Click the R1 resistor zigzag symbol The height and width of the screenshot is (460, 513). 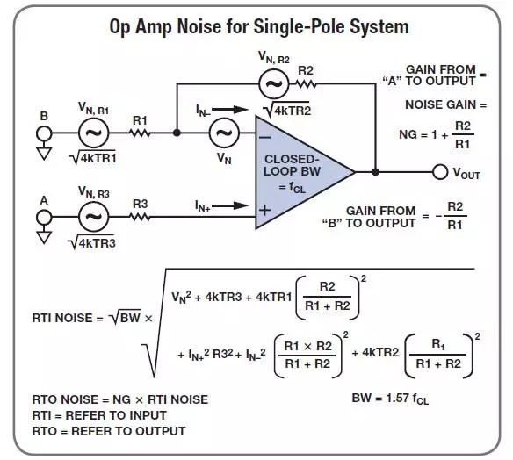click(x=141, y=133)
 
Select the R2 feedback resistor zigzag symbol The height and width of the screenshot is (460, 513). click(x=307, y=84)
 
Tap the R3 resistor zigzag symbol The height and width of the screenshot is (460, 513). click(x=140, y=217)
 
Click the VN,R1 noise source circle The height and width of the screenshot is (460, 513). click(x=94, y=133)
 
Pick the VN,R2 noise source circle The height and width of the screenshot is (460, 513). click(x=274, y=84)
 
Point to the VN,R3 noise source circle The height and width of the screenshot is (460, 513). click(x=94, y=217)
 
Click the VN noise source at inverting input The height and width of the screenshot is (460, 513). click(x=224, y=133)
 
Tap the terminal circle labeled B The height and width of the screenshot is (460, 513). click(x=44, y=133)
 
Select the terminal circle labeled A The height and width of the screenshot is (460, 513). click(x=44, y=217)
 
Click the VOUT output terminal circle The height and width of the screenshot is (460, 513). click(x=440, y=172)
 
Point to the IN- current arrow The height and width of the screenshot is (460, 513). click(x=230, y=110)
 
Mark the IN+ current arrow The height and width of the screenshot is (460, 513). click(x=230, y=205)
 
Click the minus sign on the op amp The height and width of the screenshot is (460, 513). click(x=264, y=138)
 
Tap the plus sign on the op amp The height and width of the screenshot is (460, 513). click(x=264, y=210)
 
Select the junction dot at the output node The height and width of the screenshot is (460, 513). click(x=376, y=172)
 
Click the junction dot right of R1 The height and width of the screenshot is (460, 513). click(x=177, y=133)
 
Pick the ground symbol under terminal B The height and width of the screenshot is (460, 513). click(x=44, y=154)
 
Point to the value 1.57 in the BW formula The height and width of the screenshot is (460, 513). click(x=397, y=398)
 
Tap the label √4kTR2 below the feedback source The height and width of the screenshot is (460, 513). click(x=287, y=110)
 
